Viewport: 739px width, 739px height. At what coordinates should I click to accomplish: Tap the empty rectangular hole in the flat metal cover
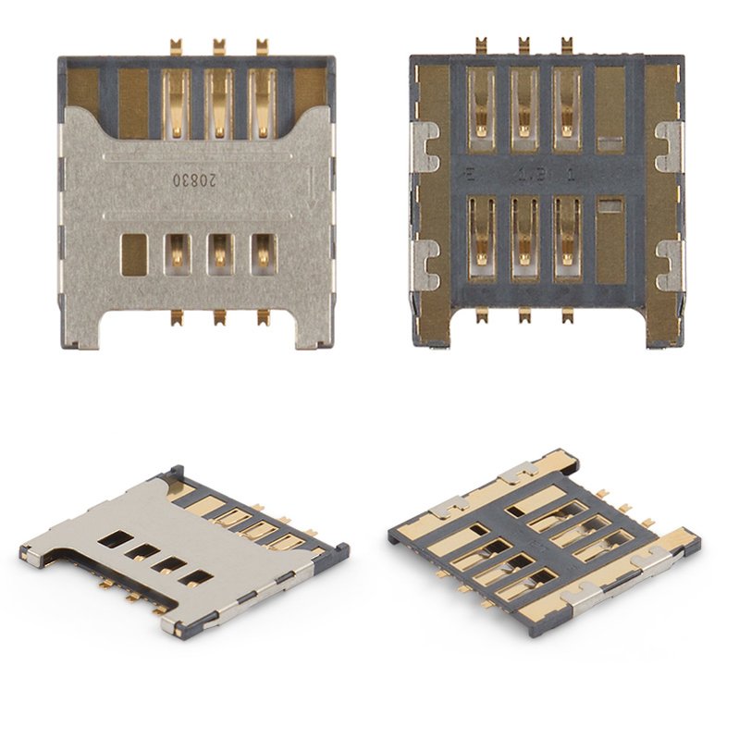133,253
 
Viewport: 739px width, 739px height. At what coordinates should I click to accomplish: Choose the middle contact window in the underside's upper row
523,110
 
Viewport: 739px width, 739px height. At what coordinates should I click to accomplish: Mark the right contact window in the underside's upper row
566,110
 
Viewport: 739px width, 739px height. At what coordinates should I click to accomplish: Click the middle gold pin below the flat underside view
523,316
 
